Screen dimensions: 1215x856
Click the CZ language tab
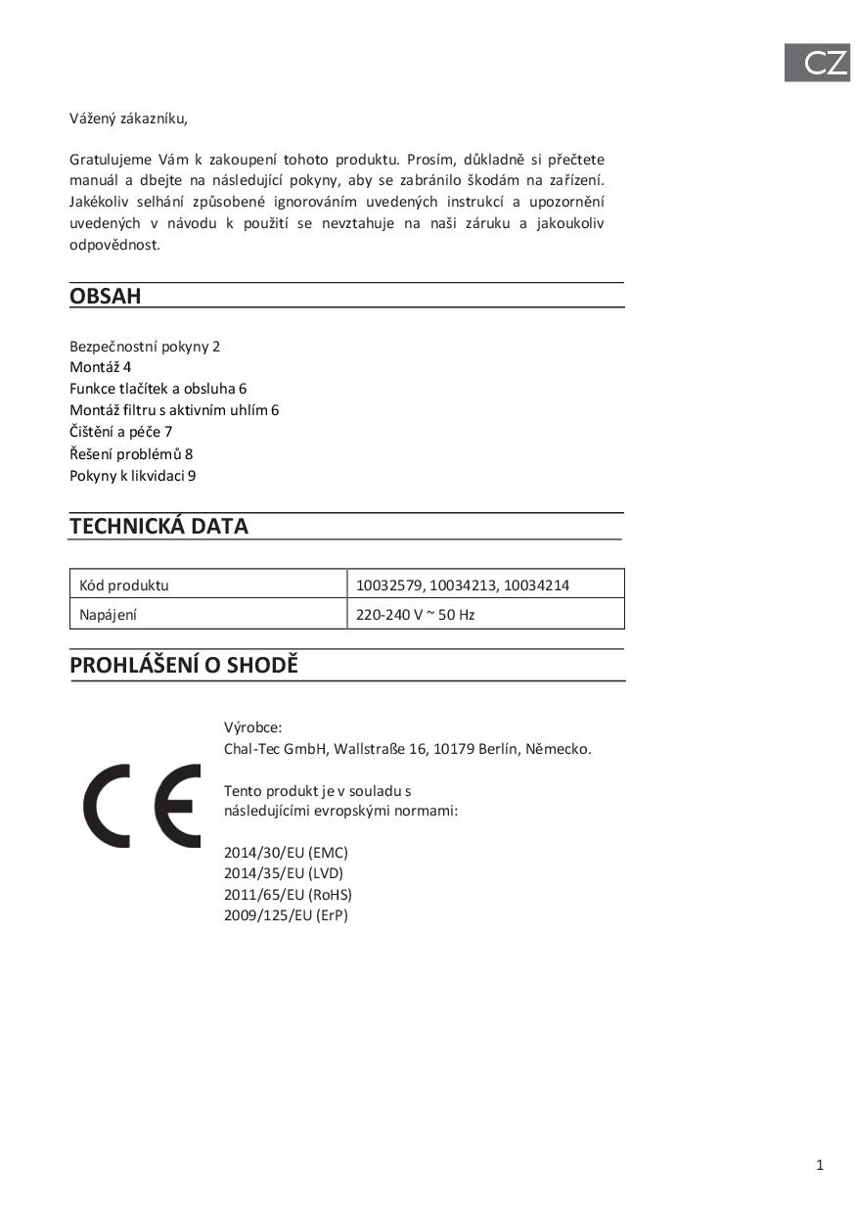(817, 64)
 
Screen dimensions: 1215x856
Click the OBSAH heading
(106, 296)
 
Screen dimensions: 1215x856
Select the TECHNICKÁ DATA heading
(158, 526)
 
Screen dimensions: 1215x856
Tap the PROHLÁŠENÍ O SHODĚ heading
(184, 666)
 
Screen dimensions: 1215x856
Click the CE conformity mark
(142, 806)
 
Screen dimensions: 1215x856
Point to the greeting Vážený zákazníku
(128, 118)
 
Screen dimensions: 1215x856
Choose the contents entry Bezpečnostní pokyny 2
(145, 347)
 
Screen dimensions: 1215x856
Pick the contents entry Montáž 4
(100, 367)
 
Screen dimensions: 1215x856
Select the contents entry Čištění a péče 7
(121, 432)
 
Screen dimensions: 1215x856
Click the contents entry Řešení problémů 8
(131, 454)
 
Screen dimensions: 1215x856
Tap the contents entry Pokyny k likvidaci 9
(133, 476)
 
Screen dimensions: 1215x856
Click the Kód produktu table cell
(124, 585)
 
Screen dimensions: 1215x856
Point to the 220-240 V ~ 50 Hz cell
(416, 615)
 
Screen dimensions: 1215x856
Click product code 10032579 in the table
(388, 585)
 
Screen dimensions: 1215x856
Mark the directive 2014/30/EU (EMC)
(286, 853)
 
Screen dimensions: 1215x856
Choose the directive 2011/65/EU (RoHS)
(288, 895)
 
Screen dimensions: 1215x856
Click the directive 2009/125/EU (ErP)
(286, 916)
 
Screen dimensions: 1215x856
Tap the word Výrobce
(252, 727)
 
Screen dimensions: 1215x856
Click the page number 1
(820, 1165)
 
